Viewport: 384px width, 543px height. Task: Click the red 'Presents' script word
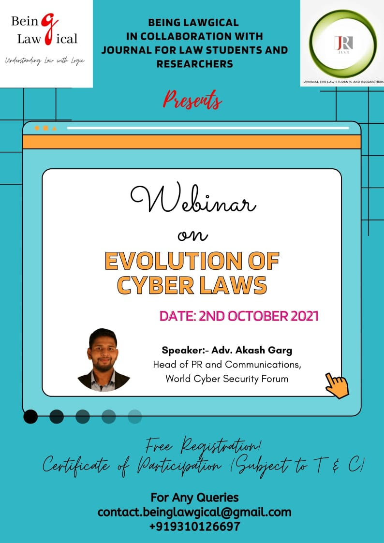click(x=192, y=100)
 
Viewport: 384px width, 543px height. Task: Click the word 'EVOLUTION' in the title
click(x=170, y=261)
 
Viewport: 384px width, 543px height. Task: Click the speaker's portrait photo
click(x=103, y=360)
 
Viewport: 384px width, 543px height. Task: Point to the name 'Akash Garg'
click(x=264, y=351)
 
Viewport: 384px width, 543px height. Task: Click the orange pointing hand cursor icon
click(x=337, y=385)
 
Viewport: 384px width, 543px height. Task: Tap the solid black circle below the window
click(x=30, y=417)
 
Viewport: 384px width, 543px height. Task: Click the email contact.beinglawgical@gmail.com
click(x=194, y=512)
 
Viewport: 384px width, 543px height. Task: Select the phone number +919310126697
click(x=194, y=527)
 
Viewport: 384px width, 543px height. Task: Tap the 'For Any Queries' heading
click(x=194, y=498)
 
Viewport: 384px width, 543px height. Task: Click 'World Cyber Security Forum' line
click(x=227, y=379)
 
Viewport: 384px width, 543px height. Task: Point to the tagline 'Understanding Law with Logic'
click(x=44, y=61)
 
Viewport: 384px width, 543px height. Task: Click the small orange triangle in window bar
click(x=54, y=129)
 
